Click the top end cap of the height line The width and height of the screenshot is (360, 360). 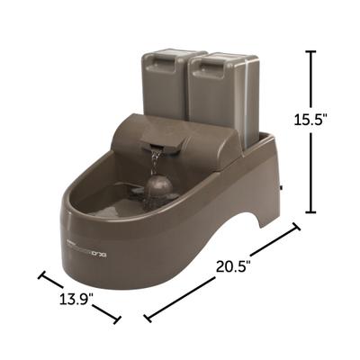click(x=310, y=51)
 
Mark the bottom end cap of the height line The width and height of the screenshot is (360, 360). click(x=310, y=212)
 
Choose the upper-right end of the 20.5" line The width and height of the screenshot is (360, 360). click(x=296, y=230)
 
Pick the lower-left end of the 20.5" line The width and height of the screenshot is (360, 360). click(x=147, y=316)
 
